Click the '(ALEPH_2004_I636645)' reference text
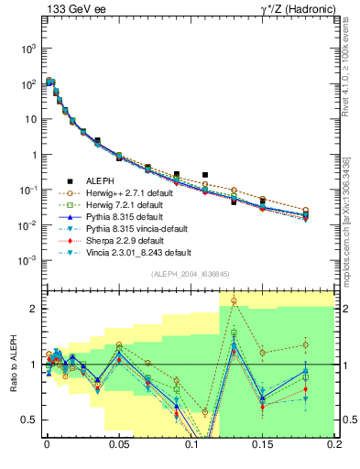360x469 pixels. click(x=190, y=274)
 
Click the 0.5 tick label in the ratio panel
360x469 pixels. click(x=29, y=420)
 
